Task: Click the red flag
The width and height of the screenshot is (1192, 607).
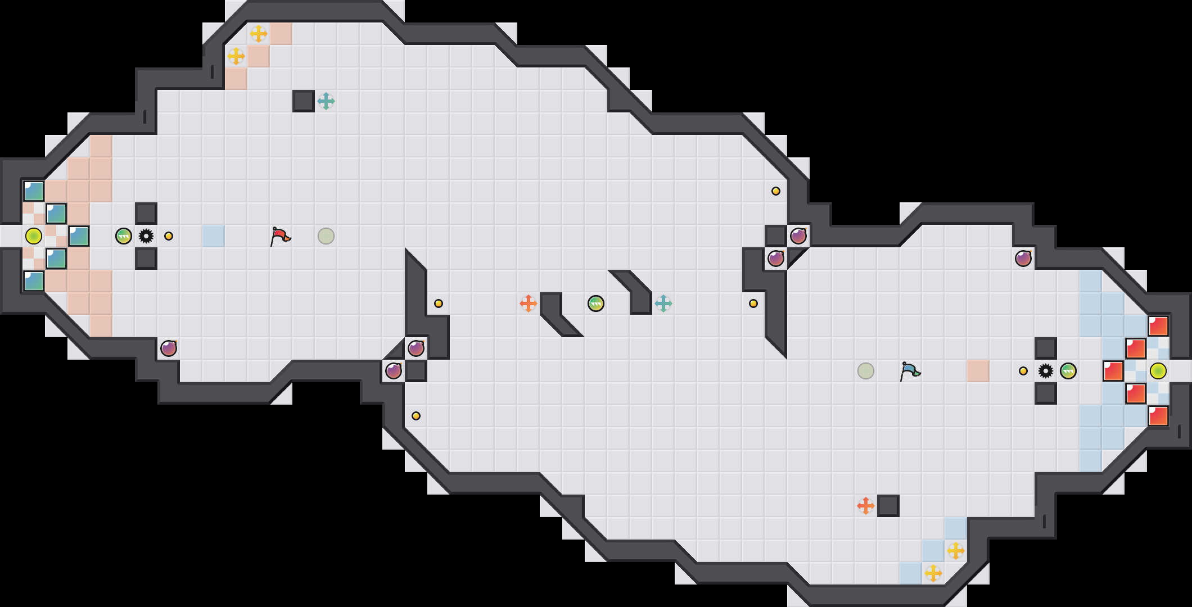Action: (279, 236)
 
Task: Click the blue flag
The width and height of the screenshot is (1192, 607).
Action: (909, 371)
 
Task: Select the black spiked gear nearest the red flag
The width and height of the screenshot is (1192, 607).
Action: (146, 236)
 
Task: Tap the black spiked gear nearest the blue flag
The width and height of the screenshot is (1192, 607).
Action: (1046, 371)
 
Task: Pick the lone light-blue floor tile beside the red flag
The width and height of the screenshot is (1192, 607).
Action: (214, 236)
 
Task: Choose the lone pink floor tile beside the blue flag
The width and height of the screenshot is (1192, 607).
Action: (978, 371)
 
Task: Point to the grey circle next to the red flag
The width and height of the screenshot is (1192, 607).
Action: (326, 236)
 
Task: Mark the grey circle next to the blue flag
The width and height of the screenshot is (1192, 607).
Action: (866, 371)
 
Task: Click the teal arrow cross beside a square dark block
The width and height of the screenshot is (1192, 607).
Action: (326, 101)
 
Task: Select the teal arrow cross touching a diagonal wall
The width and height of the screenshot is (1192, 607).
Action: (663, 303)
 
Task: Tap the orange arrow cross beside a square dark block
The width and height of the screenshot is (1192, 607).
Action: (866, 506)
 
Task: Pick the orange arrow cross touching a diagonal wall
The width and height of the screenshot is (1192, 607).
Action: (529, 303)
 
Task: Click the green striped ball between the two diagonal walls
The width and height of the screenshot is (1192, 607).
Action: (596, 303)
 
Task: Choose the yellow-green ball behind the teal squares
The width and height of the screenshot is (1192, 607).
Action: (34, 236)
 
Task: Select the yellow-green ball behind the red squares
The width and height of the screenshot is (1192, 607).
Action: (1158, 371)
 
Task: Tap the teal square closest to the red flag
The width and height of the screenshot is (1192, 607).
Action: (79, 236)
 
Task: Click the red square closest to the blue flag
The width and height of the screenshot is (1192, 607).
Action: (1113, 371)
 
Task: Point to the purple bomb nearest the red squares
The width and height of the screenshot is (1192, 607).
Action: (1023, 259)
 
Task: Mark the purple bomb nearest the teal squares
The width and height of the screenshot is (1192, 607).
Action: (169, 348)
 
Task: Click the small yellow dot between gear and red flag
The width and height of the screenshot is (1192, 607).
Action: (169, 236)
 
